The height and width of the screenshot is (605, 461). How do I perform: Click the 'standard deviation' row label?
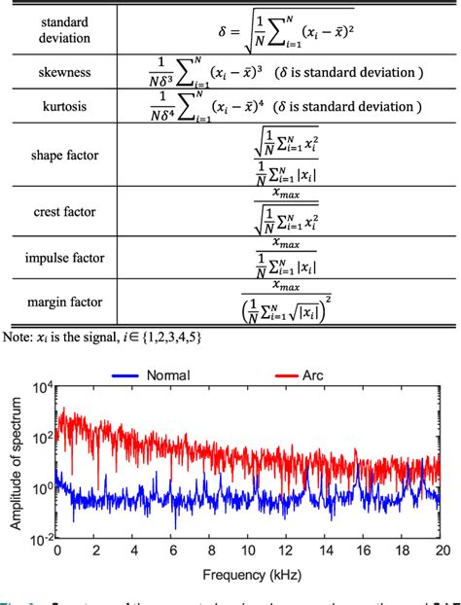tap(59, 29)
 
